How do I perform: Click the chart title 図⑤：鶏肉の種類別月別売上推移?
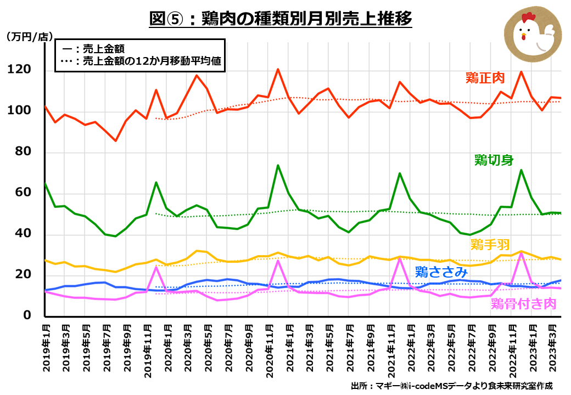281,19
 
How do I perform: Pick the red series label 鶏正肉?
485,77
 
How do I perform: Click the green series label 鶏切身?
494,160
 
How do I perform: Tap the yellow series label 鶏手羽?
490,244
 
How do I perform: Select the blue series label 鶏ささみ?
441,271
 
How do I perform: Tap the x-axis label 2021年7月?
350,349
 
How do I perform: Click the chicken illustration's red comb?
528,17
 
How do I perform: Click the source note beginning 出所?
451,386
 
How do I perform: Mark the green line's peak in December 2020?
278,165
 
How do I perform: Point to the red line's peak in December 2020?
278,69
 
